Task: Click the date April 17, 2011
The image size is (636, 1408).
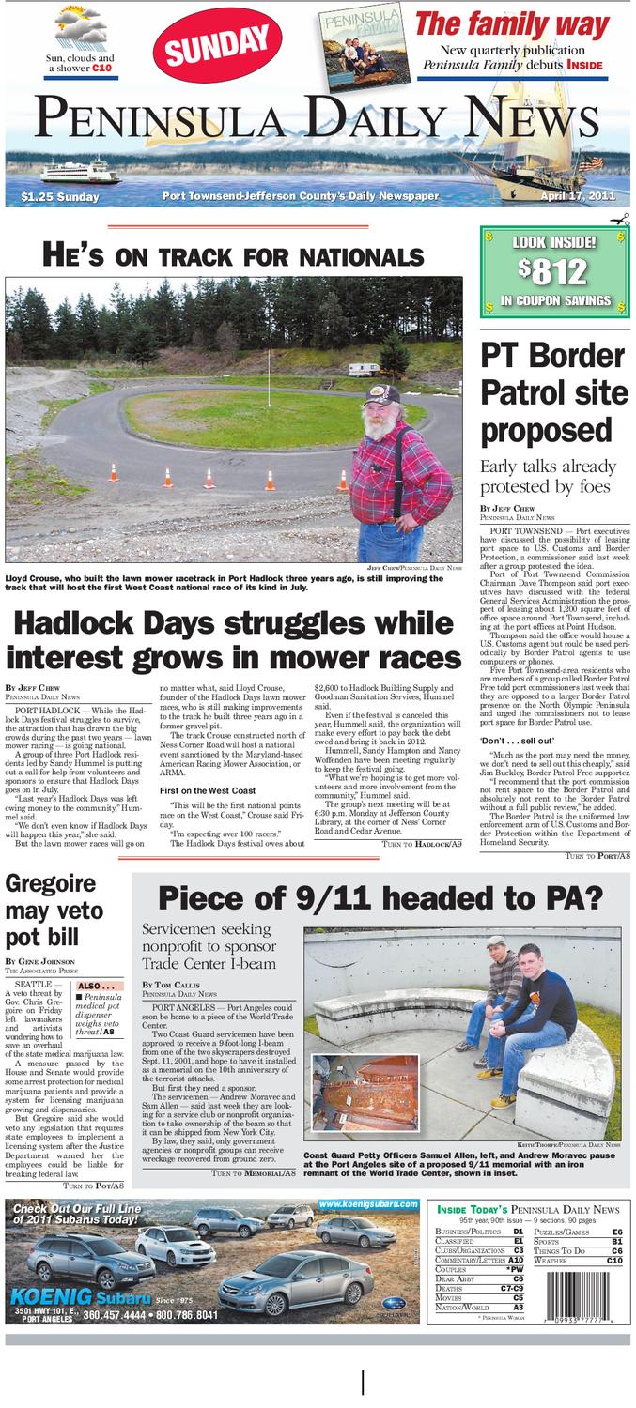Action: tap(577, 196)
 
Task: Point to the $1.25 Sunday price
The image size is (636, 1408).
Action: tap(59, 197)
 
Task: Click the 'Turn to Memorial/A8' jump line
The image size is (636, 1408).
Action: tap(254, 1172)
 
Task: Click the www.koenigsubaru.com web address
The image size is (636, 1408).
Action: tap(366, 1204)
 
